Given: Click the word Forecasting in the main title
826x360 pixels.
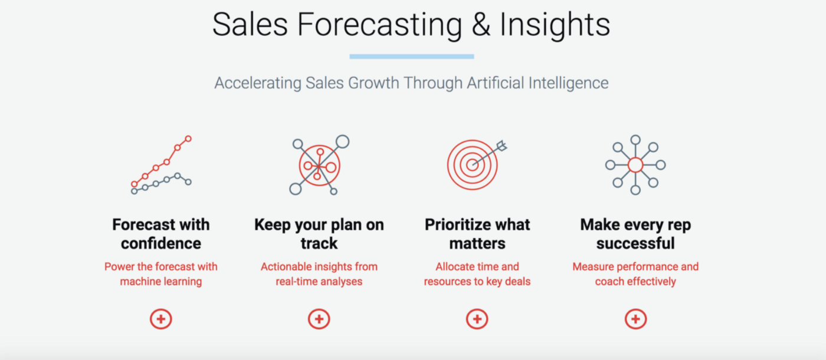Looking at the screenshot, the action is [379, 25].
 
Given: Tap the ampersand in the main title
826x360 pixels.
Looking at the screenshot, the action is [480, 25].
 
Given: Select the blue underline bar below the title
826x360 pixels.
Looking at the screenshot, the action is [412, 57].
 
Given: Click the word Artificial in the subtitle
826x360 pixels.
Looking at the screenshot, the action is [495, 83].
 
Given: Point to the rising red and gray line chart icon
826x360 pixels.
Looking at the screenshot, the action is [161, 165].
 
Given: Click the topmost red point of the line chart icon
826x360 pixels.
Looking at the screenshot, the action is [188, 139].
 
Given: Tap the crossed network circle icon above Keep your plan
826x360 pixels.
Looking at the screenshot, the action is [319, 165].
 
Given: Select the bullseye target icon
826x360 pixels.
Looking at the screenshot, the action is [477, 165].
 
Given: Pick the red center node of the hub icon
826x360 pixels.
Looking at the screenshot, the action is [635, 165].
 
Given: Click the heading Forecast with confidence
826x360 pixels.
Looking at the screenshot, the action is [161, 234].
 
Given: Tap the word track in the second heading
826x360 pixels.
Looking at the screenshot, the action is [319, 243].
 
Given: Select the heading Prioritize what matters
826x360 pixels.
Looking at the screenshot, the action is [477, 234].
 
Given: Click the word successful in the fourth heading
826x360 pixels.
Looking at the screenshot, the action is [635, 243].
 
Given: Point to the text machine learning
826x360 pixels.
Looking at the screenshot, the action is [161, 282].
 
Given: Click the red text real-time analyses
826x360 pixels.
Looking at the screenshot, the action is [319, 282].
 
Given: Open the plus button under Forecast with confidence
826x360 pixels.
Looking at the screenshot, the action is [160, 319].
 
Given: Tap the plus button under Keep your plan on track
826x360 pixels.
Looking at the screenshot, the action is [319, 319].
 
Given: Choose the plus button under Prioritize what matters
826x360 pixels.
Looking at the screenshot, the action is [477, 319].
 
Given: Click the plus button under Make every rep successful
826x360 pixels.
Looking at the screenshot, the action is [635, 319].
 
